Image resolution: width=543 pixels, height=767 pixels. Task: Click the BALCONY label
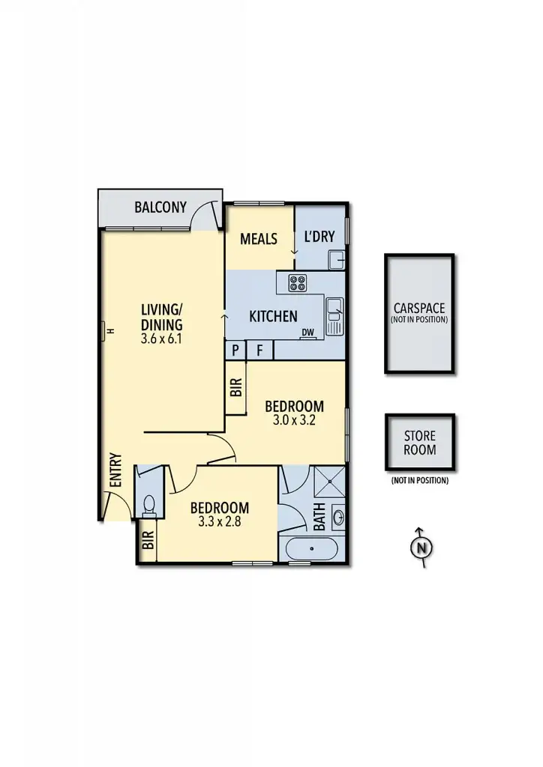pos(160,207)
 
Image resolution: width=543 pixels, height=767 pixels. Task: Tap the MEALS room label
pos(259,239)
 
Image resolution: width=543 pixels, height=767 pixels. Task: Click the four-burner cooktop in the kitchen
pos(298,282)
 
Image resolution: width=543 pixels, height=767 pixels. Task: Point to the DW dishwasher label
pos(307,333)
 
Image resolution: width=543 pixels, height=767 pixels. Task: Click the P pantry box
pos(235,350)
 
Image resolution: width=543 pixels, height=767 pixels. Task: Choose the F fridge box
pos(260,350)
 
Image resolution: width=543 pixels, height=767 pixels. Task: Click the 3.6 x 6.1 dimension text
pos(161,339)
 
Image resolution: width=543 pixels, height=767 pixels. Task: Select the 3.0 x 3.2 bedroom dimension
pos(295,420)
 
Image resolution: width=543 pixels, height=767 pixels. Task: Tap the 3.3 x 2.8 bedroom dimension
pos(219,522)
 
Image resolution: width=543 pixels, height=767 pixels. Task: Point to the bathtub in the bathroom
pos(312,548)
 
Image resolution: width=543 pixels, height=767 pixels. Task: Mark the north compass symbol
pos(422,548)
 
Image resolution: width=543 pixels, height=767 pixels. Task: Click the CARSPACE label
pos(419,308)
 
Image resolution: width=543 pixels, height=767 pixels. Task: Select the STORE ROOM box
pos(419,443)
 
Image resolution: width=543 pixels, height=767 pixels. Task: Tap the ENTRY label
pos(115,470)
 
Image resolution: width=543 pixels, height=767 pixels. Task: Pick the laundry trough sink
pos(337,260)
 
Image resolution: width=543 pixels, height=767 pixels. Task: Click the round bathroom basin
pos(337,516)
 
